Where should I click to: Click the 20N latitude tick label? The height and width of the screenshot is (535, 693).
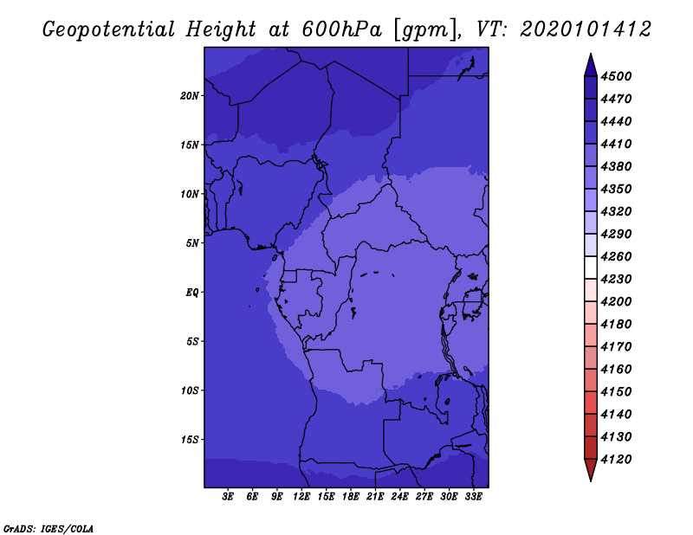tap(190, 96)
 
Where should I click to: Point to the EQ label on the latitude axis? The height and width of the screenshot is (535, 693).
tap(192, 293)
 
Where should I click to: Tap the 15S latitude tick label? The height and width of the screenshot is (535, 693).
tap(190, 440)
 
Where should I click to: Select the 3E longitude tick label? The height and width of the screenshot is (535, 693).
tap(228, 497)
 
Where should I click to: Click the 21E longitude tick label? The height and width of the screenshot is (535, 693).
tap(375, 497)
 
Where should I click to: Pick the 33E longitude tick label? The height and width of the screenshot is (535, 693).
tap(473, 497)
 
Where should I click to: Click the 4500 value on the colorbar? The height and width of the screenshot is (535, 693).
tap(616, 76)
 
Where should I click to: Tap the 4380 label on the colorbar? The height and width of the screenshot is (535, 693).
tap(616, 166)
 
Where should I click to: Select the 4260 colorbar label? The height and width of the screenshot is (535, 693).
tap(616, 256)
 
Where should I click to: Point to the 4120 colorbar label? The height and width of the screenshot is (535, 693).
tap(616, 460)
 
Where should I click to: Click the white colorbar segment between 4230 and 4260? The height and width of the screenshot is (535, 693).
tap(591, 267)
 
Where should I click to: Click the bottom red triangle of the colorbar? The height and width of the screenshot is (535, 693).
tap(591, 470)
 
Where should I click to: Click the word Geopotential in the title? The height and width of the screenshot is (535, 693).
tap(109, 29)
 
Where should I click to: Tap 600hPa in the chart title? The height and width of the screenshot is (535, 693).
tap(342, 29)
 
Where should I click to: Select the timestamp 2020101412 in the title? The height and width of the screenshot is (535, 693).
tap(586, 29)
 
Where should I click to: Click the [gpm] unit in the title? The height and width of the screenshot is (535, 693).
tap(425, 30)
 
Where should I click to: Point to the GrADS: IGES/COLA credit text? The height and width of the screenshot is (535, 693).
tap(49, 529)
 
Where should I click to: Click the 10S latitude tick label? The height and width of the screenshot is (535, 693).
tap(190, 390)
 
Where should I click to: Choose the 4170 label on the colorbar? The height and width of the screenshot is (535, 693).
tap(616, 347)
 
